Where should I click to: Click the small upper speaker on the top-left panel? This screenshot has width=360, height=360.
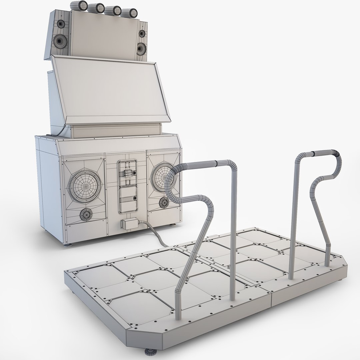click(61, 24)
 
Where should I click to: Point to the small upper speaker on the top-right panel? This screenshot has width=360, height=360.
click(142, 34)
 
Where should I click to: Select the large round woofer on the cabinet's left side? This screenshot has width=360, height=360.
click(85, 183)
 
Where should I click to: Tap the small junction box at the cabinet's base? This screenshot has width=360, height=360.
click(127, 224)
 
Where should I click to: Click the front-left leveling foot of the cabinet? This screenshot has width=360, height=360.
click(69, 245)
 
